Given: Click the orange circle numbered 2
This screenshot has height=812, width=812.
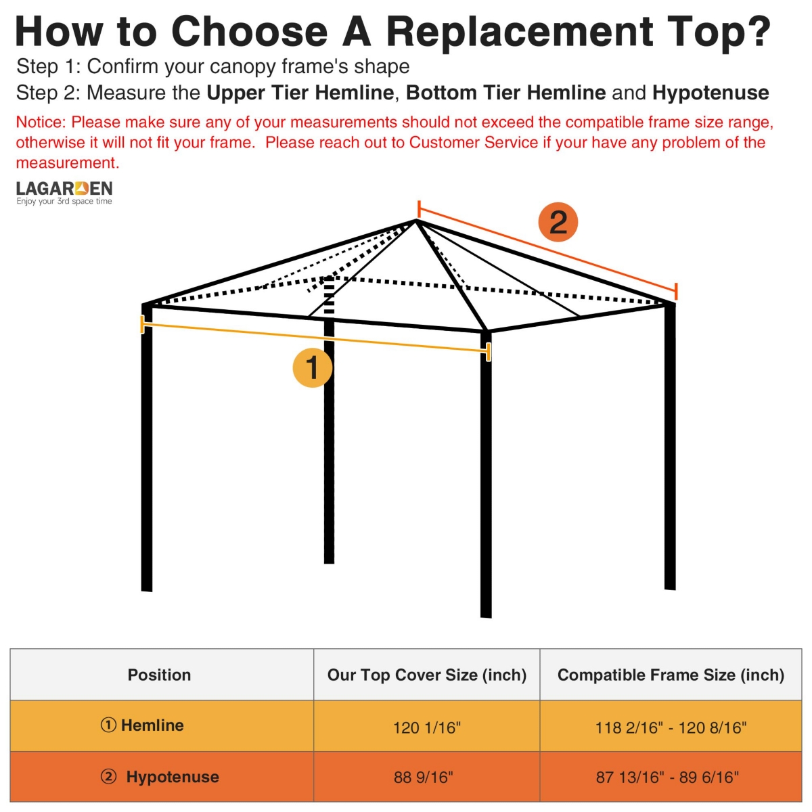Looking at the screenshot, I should tap(558, 222).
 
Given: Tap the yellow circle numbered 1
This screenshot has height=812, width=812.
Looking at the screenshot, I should tap(312, 368).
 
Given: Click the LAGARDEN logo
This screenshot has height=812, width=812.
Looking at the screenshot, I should tap(64, 192).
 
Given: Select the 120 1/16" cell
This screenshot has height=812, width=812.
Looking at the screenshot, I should tap(426, 727).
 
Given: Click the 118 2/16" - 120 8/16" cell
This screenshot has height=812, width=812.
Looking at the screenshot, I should tap(671, 727).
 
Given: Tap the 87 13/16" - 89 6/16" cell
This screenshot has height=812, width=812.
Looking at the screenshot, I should tap(667, 777).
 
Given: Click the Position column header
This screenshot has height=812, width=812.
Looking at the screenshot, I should tap(160, 675).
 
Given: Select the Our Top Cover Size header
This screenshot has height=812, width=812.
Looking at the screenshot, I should tap(426, 675).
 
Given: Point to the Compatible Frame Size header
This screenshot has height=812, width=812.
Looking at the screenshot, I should tap(671, 675).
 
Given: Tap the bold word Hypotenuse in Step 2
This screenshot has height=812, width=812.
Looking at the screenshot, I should tap(710, 93).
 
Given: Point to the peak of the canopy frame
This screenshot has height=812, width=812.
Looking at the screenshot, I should tap(416, 221).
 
